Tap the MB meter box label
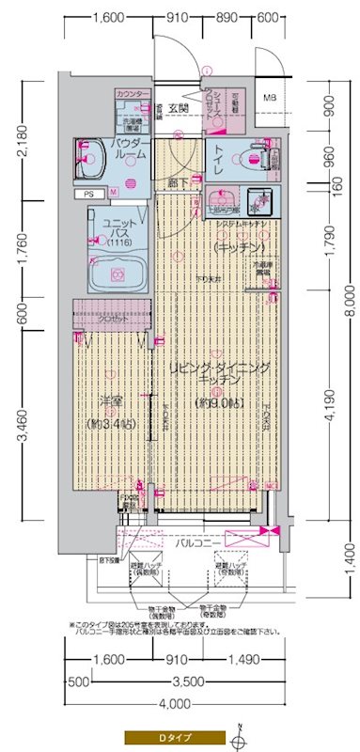point(270,98)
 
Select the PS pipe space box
point(88,195)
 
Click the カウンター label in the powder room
point(132,95)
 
